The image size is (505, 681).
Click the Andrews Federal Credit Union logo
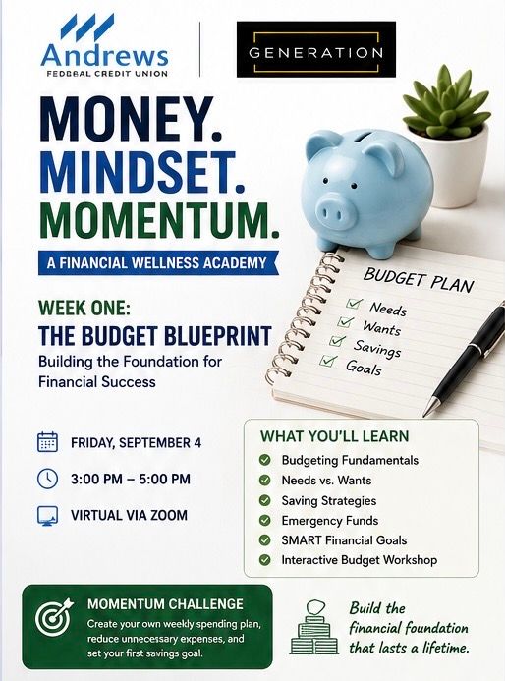pyautogui.click(x=105, y=46)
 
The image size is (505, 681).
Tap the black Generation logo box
pyautogui.click(x=316, y=49)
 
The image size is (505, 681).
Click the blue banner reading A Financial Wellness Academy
pyautogui.click(x=158, y=263)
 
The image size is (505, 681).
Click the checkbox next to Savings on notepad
pyautogui.click(x=337, y=341)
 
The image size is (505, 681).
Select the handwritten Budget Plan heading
pyautogui.click(x=419, y=280)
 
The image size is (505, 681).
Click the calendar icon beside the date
pyautogui.click(x=47, y=442)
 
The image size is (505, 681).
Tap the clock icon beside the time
pyautogui.click(x=47, y=479)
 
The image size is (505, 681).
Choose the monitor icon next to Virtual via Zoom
pyautogui.click(x=47, y=516)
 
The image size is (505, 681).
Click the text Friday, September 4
pyautogui.click(x=136, y=443)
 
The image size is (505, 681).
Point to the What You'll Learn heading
pyautogui.click(x=334, y=436)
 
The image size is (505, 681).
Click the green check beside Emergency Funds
pyautogui.click(x=265, y=520)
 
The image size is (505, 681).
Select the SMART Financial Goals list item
pyautogui.click(x=344, y=540)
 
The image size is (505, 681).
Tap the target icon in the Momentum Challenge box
pyautogui.click(x=53, y=617)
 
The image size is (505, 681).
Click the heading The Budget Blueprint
pyautogui.click(x=155, y=335)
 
